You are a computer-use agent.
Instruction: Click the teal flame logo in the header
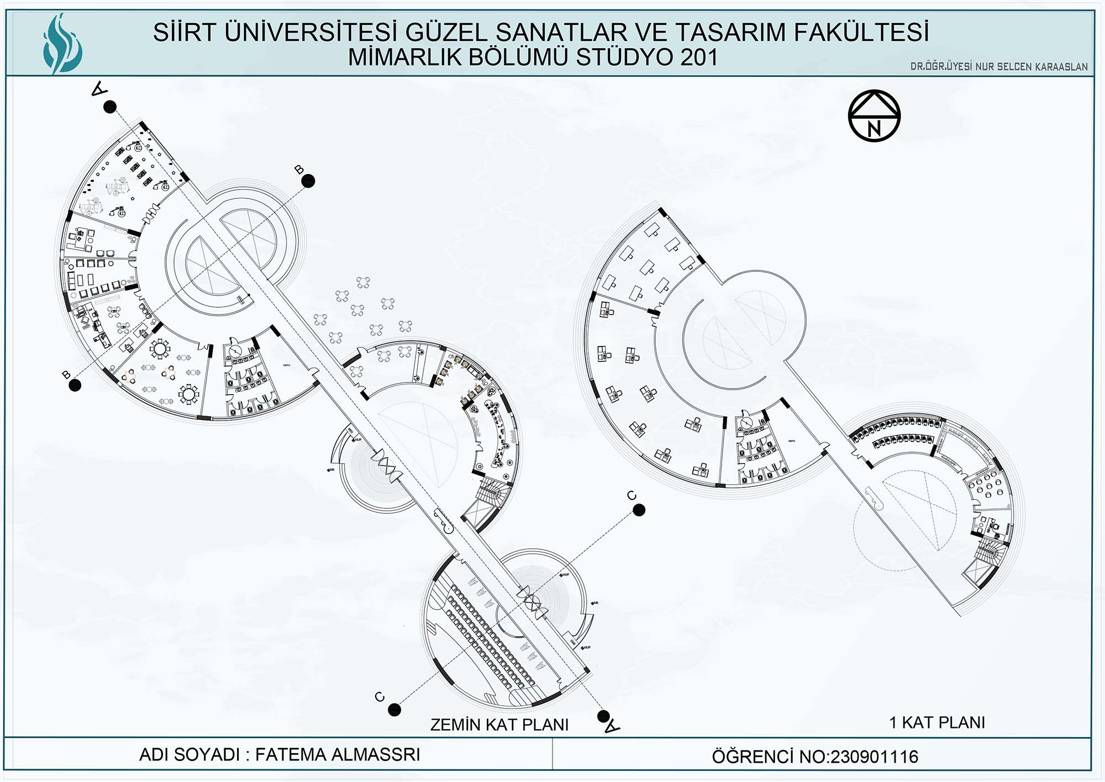(62, 43)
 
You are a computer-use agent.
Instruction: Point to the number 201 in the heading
(699, 57)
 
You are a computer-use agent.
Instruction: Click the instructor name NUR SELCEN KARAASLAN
(1031, 67)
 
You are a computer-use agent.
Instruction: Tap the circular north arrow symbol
(874, 116)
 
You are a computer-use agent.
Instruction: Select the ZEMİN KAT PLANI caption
(499, 725)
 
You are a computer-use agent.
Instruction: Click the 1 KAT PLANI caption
(937, 722)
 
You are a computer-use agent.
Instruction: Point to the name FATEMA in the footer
(291, 754)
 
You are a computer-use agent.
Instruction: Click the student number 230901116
(874, 757)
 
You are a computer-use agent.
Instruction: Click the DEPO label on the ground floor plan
(287, 365)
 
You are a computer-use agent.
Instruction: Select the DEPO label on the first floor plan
(791, 441)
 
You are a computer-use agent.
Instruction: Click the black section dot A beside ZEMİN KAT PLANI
(603, 717)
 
